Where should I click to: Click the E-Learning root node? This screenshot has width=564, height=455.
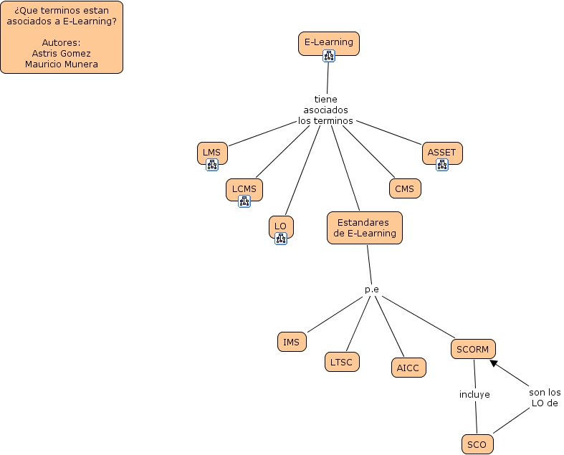pos(328,42)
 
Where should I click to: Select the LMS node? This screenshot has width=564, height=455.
pos(211,152)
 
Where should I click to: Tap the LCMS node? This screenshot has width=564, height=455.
pos(244,189)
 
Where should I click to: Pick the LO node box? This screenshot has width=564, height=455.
pos(280,226)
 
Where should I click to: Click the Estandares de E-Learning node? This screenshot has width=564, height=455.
pos(364,228)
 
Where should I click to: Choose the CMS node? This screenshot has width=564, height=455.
pos(404,188)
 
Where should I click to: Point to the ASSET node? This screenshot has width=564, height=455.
pos(441,152)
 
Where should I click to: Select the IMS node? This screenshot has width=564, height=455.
pos(291,342)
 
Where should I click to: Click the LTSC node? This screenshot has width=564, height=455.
pos(341,362)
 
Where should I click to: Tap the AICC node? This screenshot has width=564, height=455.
pos(409,368)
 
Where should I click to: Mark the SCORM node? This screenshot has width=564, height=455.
pos(473,349)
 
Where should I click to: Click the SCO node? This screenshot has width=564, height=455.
pos(477,444)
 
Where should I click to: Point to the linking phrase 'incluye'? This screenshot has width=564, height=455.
pos(474,394)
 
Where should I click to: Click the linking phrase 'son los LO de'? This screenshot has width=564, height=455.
pos(545,398)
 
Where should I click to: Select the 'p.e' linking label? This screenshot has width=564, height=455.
pos(371,289)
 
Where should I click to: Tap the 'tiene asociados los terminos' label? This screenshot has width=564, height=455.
pos(325,110)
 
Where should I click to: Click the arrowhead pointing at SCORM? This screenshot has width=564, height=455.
pos(494,363)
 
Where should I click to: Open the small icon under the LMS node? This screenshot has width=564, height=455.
pos(212,165)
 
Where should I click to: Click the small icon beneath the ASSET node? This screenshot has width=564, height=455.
pos(442,165)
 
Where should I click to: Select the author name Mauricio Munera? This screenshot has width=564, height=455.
pos(62,64)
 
